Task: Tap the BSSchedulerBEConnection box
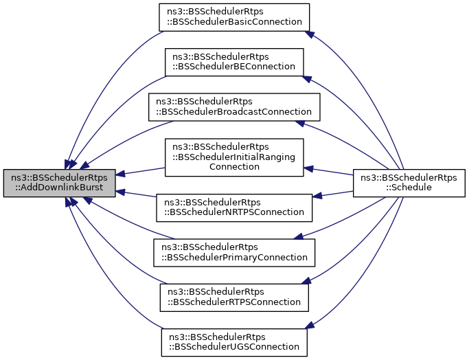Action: click(x=233, y=62)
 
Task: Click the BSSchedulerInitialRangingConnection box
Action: click(x=233, y=157)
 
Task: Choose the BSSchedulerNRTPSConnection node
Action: click(x=234, y=207)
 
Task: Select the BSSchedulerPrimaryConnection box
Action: click(x=233, y=253)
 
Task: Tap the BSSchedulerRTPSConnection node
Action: click(x=233, y=297)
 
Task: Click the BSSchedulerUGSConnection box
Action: click(x=233, y=341)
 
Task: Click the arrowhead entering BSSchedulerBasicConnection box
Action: click(x=310, y=34)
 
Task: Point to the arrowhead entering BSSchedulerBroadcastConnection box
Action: click(x=300, y=123)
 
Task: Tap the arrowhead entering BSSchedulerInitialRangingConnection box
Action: click(x=308, y=168)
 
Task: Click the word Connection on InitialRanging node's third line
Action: click(x=233, y=166)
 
